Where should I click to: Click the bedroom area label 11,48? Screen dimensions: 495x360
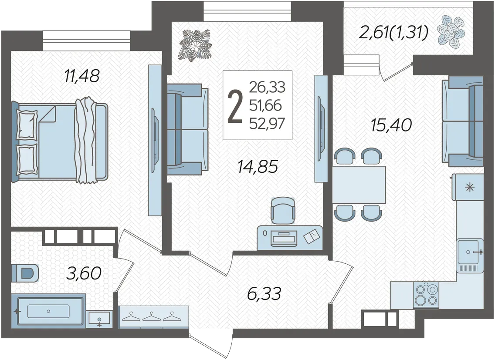pos(82,76)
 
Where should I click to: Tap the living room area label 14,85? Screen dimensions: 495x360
pos(258,167)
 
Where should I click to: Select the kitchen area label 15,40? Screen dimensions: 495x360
pos(391,125)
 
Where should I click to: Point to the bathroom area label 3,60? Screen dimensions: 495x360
pos(84,273)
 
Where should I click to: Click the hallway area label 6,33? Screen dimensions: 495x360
pos(264,294)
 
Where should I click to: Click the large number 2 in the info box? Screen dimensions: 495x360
pos(235,106)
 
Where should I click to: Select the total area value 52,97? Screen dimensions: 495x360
pos(267,123)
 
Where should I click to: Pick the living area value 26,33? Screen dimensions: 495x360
pos(267,87)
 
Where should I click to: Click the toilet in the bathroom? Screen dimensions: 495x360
pos(25,273)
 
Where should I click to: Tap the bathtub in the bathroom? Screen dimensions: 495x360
pos(48,311)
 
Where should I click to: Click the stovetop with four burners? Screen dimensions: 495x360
pos(426,295)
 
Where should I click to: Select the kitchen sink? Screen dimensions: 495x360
pos(470,252)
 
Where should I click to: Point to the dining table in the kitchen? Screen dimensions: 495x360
pos(359,185)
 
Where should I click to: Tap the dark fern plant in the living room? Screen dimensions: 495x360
pos(195,46)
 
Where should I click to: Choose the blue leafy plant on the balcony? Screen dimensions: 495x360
pos(451,32)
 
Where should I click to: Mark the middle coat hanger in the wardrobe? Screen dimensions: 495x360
pos(151,317)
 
